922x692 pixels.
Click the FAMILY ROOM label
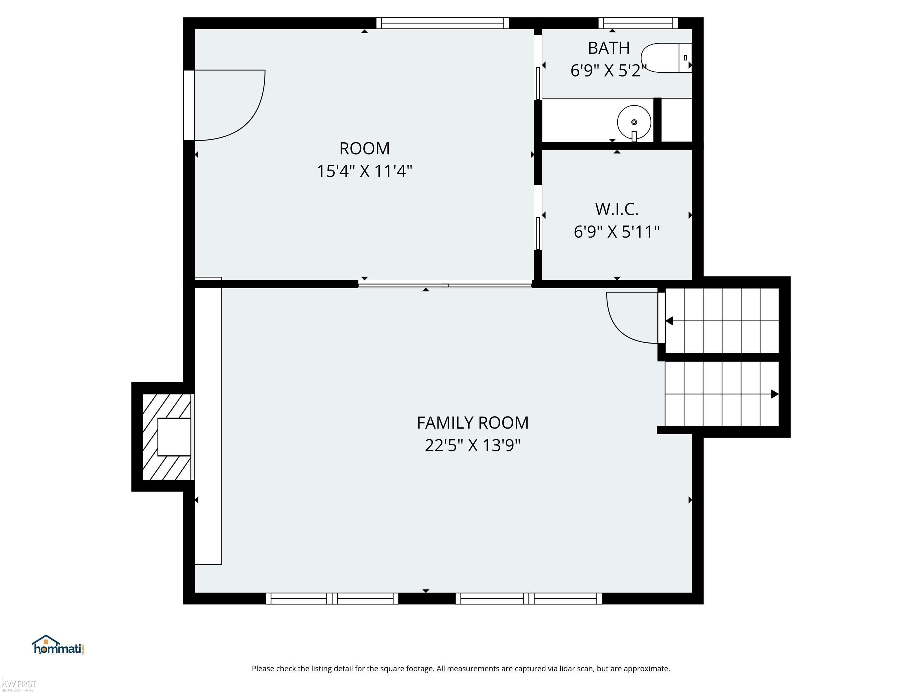pyautogui.click(x=473, y=423)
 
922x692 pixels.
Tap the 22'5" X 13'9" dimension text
pyautogui.click(x=473, y=445)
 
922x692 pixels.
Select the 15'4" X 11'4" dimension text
pyautogui.click(x=365, y=171)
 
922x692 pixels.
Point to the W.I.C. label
pyautogui.click(x=617, y=209)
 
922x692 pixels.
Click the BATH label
pyautogui.click(x=609, y=48)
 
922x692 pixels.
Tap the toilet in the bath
pyautogui.click(x=666, y=58)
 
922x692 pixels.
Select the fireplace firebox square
pyautogui.click(x=174, y=437)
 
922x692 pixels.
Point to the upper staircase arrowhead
pyautogui.click(x=669, y=321)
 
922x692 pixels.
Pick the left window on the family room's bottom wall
pyautogui.click(x=332, y=599)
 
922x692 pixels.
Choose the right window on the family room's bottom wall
pyautogui.click(x=529, y=599)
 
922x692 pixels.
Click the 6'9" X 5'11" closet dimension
pyautogui.click(x=617, y=232)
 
